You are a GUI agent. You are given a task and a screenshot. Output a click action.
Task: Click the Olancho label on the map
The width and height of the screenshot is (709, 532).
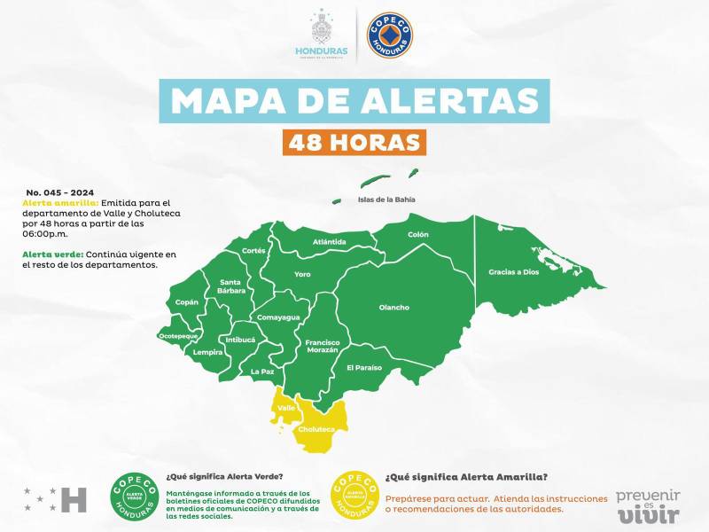click(x=394, y=308)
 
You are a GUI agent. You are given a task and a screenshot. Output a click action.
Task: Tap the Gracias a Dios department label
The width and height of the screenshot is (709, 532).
click(x=513, y=271)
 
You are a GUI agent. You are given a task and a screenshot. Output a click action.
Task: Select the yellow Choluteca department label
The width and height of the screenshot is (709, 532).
click(x=316, y=429)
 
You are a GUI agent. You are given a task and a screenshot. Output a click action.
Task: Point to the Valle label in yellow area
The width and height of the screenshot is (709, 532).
click(x=286, y=408)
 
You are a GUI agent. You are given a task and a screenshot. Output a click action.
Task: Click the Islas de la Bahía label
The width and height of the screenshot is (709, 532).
click(x=386, y=199)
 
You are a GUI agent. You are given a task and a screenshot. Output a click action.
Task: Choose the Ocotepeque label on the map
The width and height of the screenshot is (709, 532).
click(x=177, y=336)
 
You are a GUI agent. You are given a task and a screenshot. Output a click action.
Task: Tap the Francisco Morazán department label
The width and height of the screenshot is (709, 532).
click(x=322, y=346)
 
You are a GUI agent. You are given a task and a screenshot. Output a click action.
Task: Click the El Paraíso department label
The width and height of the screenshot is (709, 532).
click(x=363, y=367)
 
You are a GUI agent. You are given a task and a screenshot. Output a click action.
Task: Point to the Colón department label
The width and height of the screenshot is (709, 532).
click(x=417, y=234)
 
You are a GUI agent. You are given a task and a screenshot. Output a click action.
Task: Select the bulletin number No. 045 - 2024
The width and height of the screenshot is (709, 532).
click(x=60, y=192)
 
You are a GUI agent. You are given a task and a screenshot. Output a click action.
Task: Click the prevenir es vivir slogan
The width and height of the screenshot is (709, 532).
click(x=648, y=504)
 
